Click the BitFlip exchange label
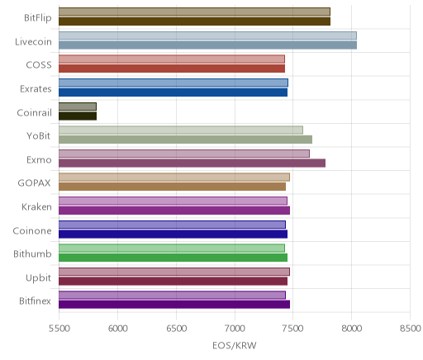[x=38, y=18]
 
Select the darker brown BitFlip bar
[x=194, y=21]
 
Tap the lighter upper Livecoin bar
[x=207, y=36]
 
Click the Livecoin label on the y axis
[x=33, y=41]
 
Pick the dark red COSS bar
[x=172, y=69]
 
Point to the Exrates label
[x=36, y=89]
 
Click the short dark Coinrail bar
[x=78, y=116]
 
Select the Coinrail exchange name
[x=35, y=112]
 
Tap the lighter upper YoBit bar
[x=181, y=130]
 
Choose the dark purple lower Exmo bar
[x=192, y=163]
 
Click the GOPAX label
[x=34, y=183]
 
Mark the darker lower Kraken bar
[x=174, y=211]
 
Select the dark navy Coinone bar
[x=173, y=234]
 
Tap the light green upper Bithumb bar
[x=172, y=248]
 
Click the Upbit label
[x=38, y=277]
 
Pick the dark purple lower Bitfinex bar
[x=174, y=305]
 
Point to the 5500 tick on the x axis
[x=59, y=328]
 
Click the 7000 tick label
[x=235, y=328]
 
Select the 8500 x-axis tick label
[x=411, y=328]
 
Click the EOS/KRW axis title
[x=235, y=345]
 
